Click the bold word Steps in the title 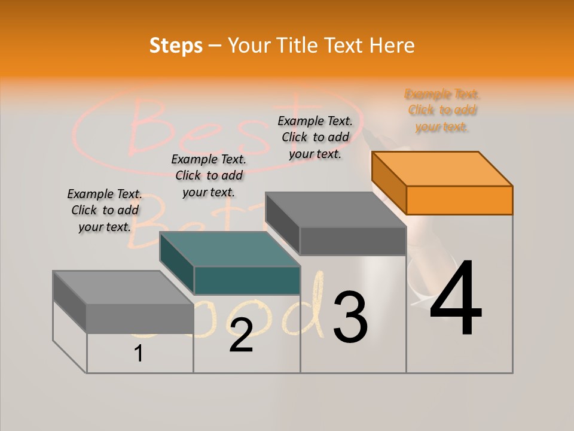[x=176, y=45]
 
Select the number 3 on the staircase [x=350, y=317]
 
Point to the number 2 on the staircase [x=241, y=335]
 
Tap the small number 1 [x=139, y=354]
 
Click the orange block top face [x=442, y=168]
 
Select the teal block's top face [x=230, y=248]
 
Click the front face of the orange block [x=459, y=200]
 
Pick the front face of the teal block [x=247, y=280]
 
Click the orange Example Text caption [x=442, y=110]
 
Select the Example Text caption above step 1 [x=105, y=210]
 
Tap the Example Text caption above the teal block [x=209, y=175]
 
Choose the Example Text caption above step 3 [x=315, y=137]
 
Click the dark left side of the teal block [x=177, y=262]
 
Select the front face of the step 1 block [x=140, y=318]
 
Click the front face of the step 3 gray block [x=353, y=241]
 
